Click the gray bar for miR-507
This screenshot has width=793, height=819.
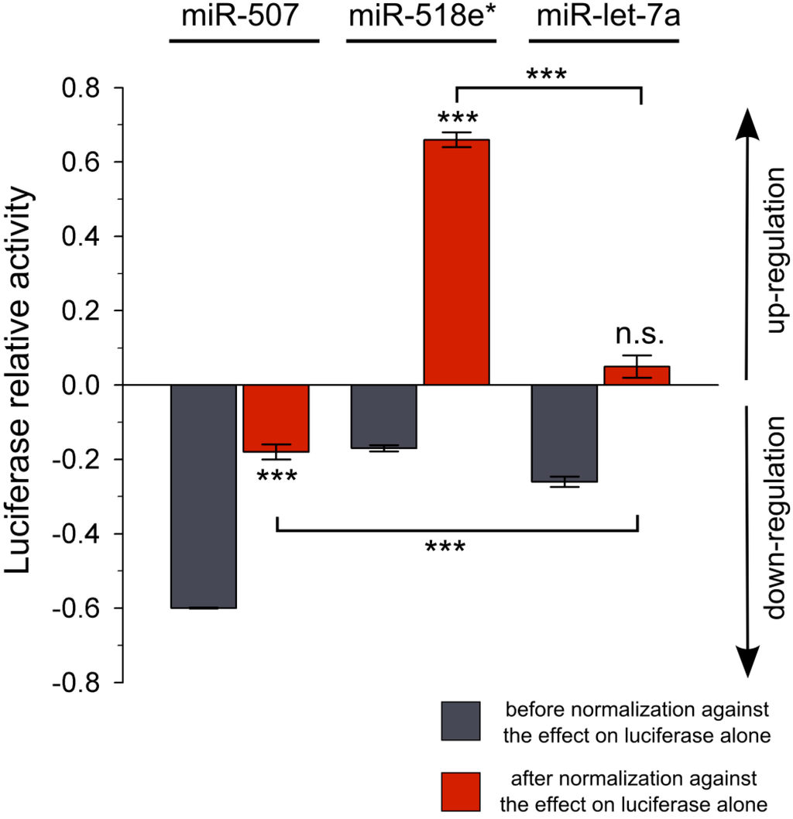pos(203,496)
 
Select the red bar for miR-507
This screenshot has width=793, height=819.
pos(276,418)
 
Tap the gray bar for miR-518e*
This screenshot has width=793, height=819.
pos(384,416)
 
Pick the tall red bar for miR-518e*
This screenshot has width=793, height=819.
pos(456,262)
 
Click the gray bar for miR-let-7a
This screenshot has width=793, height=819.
pos(565,433)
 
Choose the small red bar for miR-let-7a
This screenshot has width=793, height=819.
pos(637,375)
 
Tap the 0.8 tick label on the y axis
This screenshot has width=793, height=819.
pos(82,88)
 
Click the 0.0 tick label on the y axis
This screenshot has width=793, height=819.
pos(82,386)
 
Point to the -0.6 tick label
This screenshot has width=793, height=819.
pos(77,608)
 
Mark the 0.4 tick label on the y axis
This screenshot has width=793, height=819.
pos(82,237)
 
